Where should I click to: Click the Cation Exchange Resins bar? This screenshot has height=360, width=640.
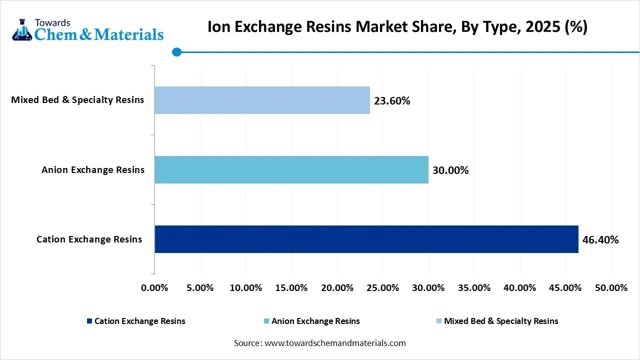pos(366,239)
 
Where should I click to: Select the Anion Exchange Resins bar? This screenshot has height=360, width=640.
pos(291,169)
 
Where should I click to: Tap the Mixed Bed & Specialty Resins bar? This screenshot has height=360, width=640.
pos(262,100)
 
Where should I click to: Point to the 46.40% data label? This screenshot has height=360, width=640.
pos(600,240)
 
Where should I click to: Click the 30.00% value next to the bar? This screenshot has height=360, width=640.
pos(450,170)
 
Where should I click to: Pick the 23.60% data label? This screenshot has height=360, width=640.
pos(392,101)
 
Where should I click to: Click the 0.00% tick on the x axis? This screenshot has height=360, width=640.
pos(154,288)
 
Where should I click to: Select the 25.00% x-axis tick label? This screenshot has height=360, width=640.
pos(382,288)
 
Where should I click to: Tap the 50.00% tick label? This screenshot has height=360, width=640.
pos(611,288)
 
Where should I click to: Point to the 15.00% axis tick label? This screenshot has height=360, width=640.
pos(291,288)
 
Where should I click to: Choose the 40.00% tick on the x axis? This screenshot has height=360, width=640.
pos(520,288)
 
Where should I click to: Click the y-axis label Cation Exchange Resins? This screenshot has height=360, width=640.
pos(89,239)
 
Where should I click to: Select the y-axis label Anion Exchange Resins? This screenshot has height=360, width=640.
pos(93,170)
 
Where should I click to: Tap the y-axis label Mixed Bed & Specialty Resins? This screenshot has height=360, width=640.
pos(77,100)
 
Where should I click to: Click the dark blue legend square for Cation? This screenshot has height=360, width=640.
pos(89,321)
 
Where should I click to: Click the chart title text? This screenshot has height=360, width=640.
pos(397,27)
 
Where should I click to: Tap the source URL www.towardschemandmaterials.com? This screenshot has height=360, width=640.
pos(334,343)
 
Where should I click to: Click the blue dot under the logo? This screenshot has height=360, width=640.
pos(176,51)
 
